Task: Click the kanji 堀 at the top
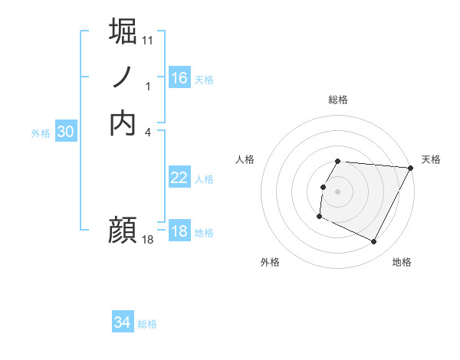(x=124, y=31)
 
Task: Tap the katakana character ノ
(x=123, y=77)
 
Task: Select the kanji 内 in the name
(x=123, y=123)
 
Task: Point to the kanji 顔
(x=123, y=228)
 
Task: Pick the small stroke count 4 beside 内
(x=148, y=132)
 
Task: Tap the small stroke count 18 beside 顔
(x=148, y=240)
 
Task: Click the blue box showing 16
(x=179, y=78)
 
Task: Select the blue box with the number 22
(x=179, y=178)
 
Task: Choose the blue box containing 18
(x=179, y=231)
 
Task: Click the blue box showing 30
(x=66, y=132)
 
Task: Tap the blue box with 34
(x=122, y=322)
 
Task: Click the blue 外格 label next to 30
(x=41, y=133)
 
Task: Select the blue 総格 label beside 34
(x=147, y=324)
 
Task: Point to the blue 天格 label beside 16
(x=204, y=80)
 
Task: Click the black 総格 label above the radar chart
(x=338, y=100)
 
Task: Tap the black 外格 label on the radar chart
(x=270, y=262)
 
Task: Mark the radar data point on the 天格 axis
(x=411, y=168)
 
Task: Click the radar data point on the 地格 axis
(x=374, y=242)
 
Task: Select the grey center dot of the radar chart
(x=338, y=191)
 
